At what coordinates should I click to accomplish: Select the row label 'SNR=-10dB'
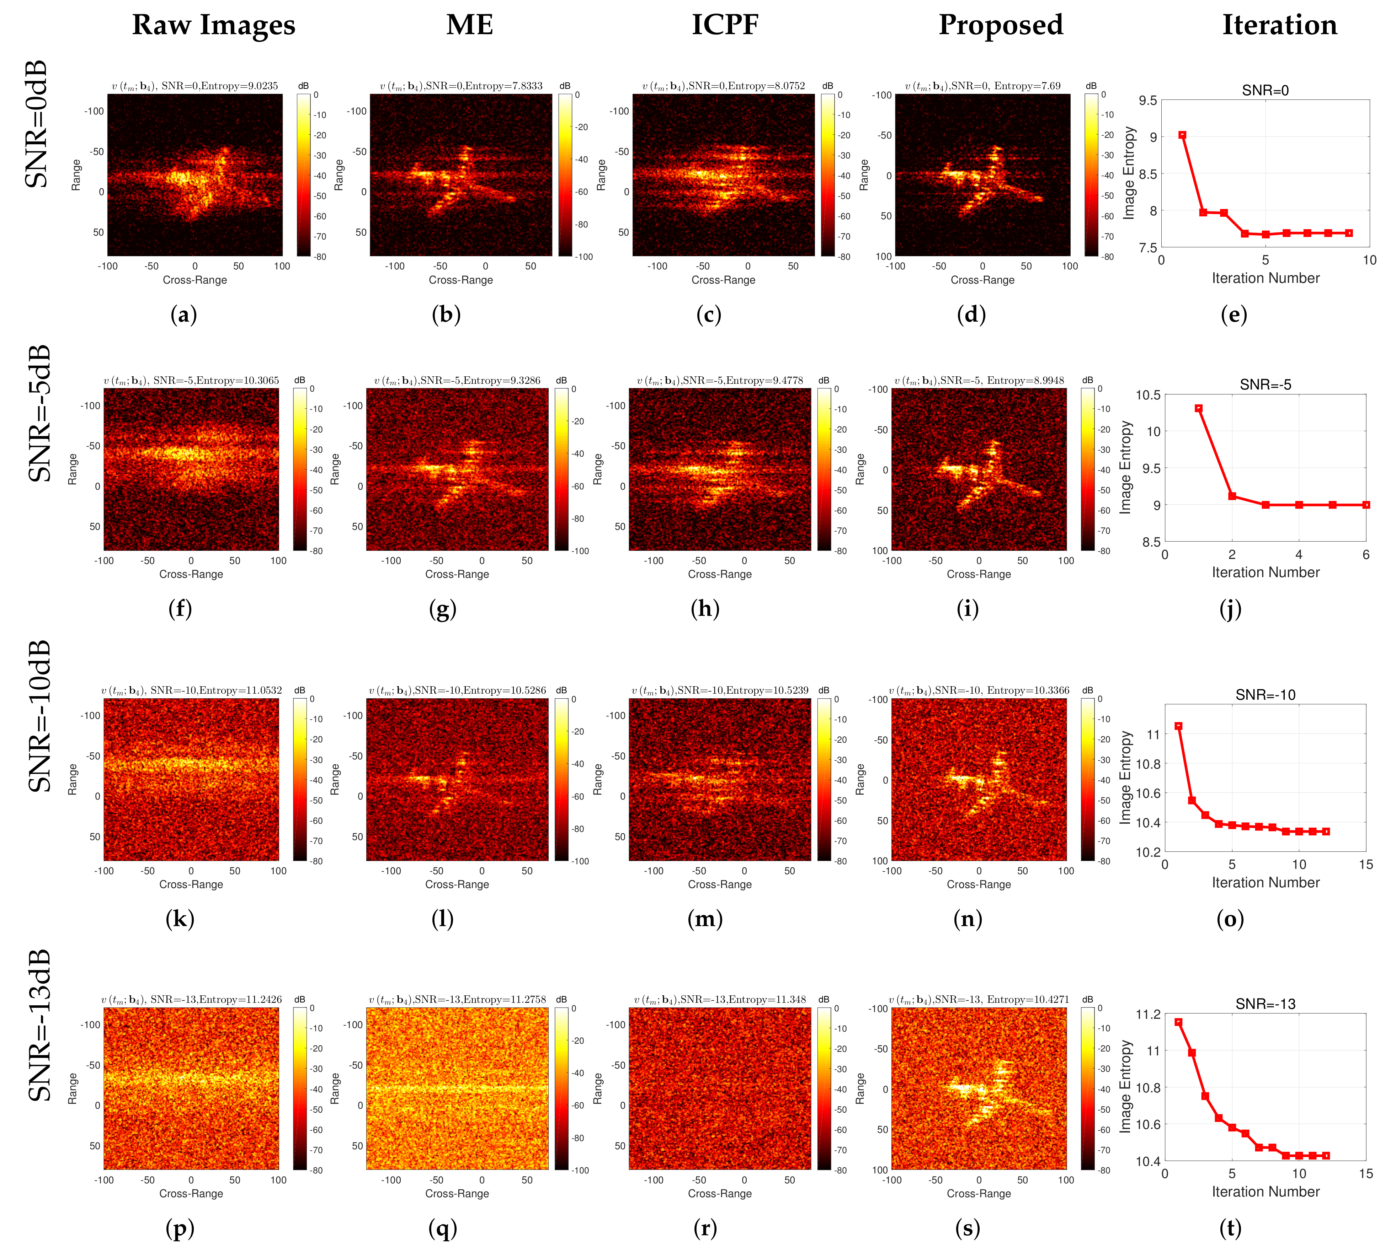[39, 716]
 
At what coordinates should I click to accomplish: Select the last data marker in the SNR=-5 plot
[1366, 505]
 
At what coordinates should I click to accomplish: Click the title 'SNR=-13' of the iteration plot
[1265, 1004]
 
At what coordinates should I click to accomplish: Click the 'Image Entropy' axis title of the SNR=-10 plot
[1125, 777]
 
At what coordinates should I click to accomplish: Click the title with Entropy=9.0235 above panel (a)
[195, 86]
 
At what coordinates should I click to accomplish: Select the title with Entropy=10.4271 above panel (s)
[979, 999]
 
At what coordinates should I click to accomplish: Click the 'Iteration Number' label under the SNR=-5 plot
[1265, 572]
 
